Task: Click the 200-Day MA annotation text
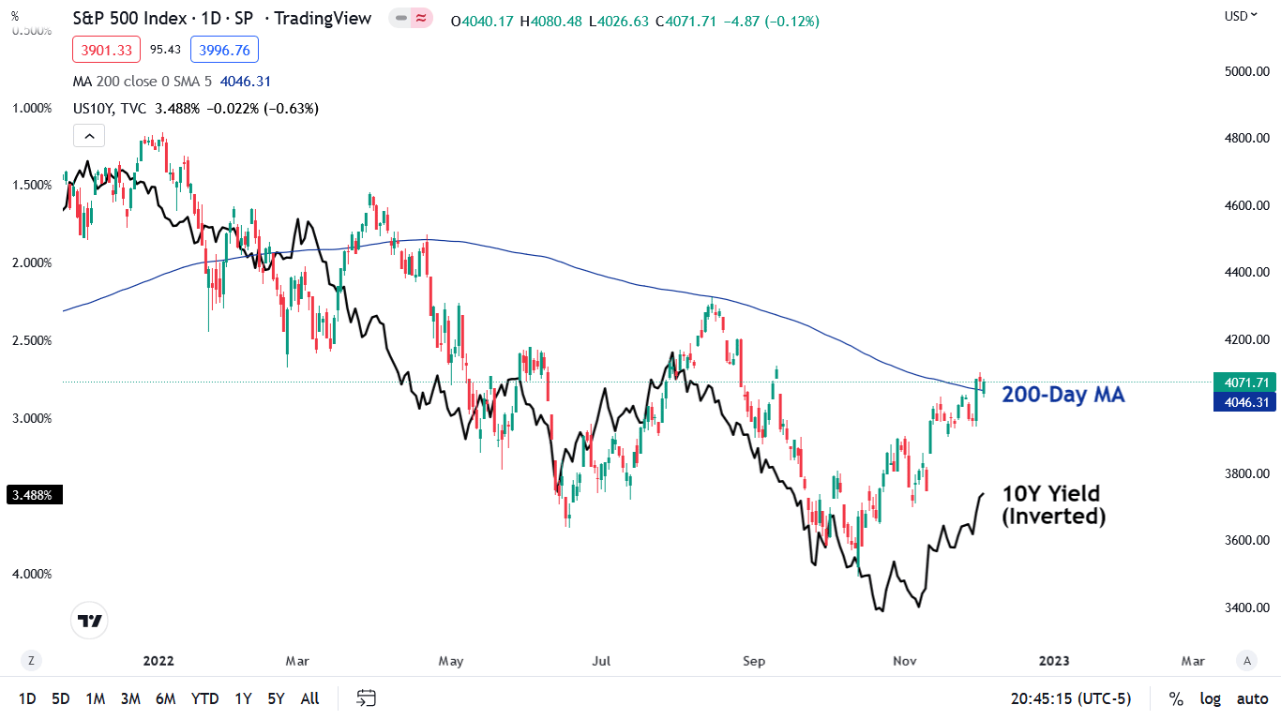coord(1062,395)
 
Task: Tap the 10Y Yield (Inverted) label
coord(1053,504)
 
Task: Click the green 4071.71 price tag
coord(1245,382)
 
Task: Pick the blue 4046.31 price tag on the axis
coord(1245,402)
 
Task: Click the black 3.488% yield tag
coord(35,495)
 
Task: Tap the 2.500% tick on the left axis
coord(32,340)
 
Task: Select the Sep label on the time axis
coord(754,661)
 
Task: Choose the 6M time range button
coord(165,698)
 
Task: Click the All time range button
coord(309,698)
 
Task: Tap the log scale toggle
coord(1211,698)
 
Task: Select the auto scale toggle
coord(1252,698)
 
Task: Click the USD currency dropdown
coord(1241,15)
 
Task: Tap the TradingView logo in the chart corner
coord(90,621)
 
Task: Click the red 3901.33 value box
coord(107,50)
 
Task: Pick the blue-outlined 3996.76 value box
coord(224,50)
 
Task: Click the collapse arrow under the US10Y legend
coord(89,137)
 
